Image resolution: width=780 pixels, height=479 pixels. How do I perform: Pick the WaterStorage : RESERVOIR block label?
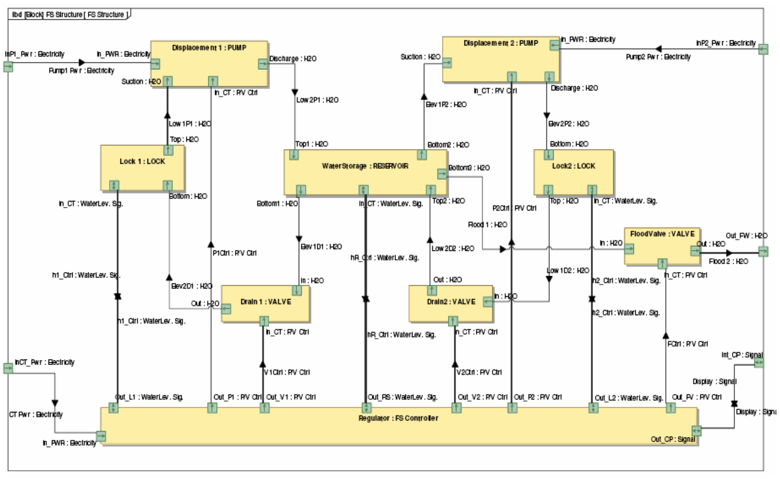(x=365, y=166)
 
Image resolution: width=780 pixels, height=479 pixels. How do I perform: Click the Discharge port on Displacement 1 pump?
(x=263, y=64)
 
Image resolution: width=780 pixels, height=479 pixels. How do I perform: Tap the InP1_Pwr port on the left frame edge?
(x=8, y=66)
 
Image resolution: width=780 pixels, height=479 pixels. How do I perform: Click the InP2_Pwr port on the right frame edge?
(x=763, y=49)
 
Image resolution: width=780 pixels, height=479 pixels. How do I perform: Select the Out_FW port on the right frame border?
(x=763, y=251)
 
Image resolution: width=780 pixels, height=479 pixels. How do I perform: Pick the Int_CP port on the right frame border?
(x=759, y=363)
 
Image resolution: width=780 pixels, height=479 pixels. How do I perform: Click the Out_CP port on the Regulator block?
(x=696, y=431)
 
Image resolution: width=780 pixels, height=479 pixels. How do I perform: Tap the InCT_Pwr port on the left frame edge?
(x=8, y=368)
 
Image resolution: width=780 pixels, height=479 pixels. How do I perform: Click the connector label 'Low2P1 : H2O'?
(x=317, y=100)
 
